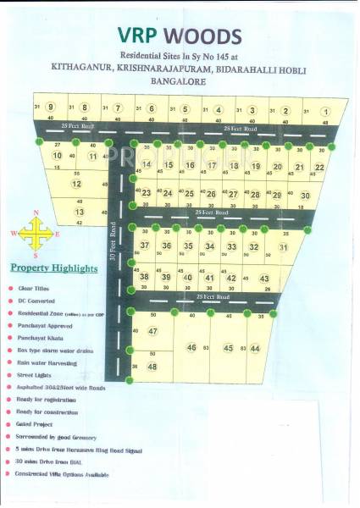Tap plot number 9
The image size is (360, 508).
pos(51,108)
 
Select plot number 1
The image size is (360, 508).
pos(326,110)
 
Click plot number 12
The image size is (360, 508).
pos(76,184)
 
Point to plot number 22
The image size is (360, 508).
pos(318,168)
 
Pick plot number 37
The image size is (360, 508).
pos(145,246)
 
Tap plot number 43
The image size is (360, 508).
pos(264,279)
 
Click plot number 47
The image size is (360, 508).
pos(152,331)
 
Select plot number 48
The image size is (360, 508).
pos(152,366)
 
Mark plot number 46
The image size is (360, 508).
pos(191,347)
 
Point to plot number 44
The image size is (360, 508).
pos(255,348)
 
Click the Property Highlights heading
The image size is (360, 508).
pos(53,268)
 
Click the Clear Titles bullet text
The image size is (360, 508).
pos(32,289)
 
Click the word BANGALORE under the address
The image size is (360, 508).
pos(180,83)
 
